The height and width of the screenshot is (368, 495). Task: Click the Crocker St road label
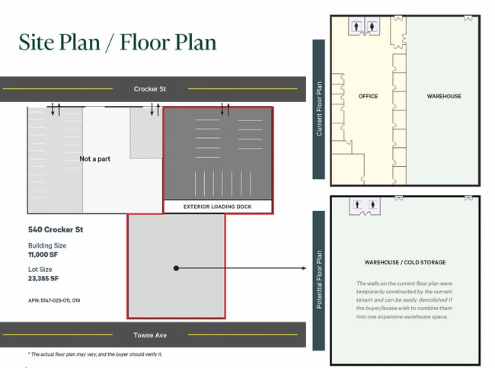click(149, 89)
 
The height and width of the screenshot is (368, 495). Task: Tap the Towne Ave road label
click(150, 335)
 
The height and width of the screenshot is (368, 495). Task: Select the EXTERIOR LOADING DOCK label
click(218, 206)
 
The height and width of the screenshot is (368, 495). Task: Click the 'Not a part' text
click(94, 159)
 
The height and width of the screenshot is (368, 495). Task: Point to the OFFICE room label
click(368, 96)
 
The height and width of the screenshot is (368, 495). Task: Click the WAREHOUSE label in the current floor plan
click(444, 96)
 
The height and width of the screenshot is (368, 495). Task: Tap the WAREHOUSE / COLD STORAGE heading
click(405, 263)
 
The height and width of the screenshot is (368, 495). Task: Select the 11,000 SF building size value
click(43, 254)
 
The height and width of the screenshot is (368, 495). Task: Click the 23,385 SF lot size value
click(43, 279)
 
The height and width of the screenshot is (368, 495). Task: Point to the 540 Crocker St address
click(56, 229)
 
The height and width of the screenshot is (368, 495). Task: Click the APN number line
click(54, 300)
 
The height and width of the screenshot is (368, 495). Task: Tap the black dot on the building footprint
click(176, 268)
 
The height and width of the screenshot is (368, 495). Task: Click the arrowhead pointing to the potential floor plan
click(304, 268)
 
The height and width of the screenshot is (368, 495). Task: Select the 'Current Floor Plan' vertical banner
click(319, 109)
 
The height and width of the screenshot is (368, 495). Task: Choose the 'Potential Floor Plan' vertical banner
click(319, 280)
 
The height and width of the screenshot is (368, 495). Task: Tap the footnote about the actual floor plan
click(95, 354)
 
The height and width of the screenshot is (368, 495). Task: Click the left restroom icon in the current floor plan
click(356, 26)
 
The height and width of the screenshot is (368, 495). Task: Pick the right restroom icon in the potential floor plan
click(373, 205)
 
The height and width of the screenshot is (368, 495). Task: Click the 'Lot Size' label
click(40, 270)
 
